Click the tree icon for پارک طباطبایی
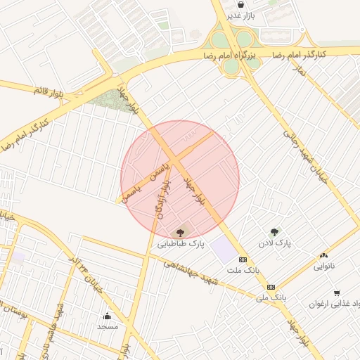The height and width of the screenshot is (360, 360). (181, 231)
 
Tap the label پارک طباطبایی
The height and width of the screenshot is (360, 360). (180, 244)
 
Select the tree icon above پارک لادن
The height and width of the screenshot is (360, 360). (274, 231)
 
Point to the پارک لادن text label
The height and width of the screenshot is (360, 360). (274, 243)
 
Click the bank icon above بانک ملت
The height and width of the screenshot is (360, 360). (243, 259)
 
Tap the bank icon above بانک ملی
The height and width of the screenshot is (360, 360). (271, 287)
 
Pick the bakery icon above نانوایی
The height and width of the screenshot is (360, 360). (323, 255)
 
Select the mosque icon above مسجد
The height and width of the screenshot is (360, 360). (108, 316)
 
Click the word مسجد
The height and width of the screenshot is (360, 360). (108, 327)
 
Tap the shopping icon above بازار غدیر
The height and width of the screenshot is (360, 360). (241, 4)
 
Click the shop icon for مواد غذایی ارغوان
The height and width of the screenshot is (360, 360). (337, 293)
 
